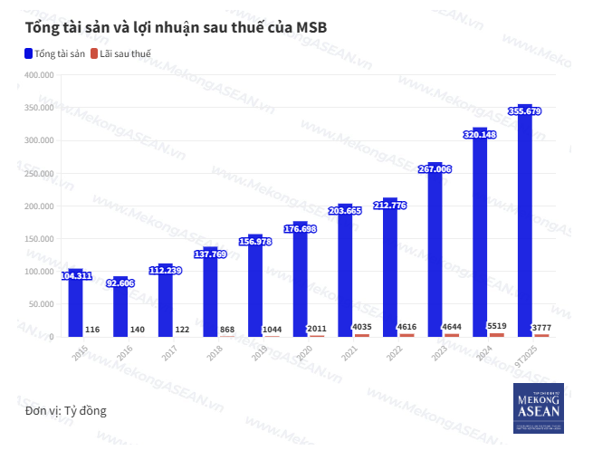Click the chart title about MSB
pos(176,28)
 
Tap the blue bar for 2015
pos(75,308)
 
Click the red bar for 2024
pos(496,334)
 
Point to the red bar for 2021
pos(361,335)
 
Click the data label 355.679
pos(525,111)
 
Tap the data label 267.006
pos(435,169)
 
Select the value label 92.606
pos(120,283)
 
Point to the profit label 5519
pos(497,326)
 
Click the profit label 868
pos(227,329)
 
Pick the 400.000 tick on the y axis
pos(39,75)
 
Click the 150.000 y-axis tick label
pos(39,239)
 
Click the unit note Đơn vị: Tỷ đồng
pos(66,411)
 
